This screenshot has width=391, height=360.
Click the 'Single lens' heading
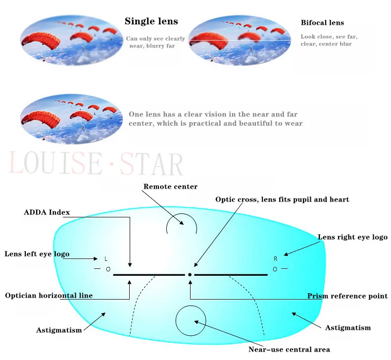click(151, 21)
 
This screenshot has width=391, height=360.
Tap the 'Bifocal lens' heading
click(322, 23)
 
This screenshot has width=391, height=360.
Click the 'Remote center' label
click(170, 187)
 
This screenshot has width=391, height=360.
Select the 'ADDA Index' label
click(47, 212)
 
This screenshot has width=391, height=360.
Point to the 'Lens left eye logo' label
click(37, 254)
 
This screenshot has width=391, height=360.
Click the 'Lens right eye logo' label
click(352, 237)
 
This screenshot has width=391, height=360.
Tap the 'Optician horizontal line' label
click(49, 296)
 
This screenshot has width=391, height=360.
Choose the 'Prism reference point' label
click(347, 296)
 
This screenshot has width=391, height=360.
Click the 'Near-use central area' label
click(289, 350)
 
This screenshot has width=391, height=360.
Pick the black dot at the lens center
click(190, 274)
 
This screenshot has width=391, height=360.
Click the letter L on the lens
click(106, 259)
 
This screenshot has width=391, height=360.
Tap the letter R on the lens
click(276, 259)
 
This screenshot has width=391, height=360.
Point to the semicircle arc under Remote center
click(182, 222)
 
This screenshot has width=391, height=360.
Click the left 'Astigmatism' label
click(59, 330)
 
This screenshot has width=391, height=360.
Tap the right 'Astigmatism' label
click(347, 328)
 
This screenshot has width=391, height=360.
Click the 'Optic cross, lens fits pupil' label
click(282, 200)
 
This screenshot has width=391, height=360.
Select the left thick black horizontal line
click(148, 274)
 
